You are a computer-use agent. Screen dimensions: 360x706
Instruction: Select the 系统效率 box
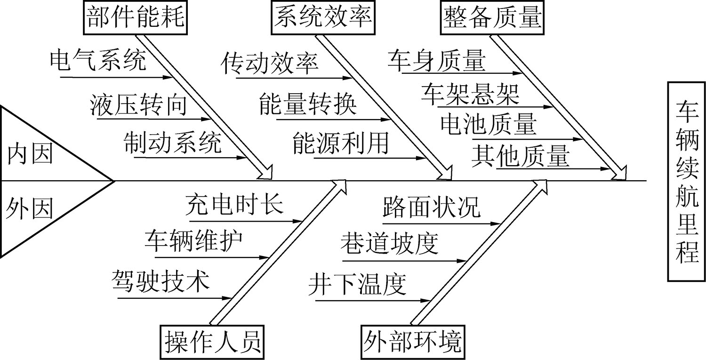[321, 18]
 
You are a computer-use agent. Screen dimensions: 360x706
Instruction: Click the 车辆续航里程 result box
[687, 181]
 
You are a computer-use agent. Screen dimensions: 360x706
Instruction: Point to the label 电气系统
[98, 61]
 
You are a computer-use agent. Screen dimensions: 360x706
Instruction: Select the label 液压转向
[138, 106]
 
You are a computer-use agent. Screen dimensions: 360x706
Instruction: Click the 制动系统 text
[173, 143]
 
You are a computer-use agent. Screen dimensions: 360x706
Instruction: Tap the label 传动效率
[270, 64]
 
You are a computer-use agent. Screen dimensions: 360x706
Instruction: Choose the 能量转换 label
[308, 106]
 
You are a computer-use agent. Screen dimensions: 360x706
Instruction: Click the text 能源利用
[340, 143]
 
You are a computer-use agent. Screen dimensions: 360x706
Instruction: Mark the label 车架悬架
[470, 94]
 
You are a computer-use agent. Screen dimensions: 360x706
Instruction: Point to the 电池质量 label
[489, 124]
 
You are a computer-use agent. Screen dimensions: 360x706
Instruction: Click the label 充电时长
[234, 205]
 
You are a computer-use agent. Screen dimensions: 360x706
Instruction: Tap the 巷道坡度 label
[389, 243]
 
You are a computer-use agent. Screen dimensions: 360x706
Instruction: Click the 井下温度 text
[357, 284]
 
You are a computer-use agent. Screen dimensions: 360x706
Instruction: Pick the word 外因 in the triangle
[29, 208]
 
